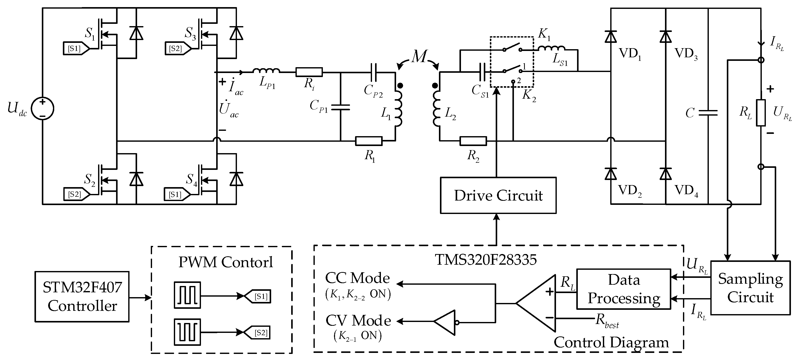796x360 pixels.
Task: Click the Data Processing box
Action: coord(624,289)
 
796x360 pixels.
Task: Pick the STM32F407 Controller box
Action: coord(82,296)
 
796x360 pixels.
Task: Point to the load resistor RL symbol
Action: coord(761,113)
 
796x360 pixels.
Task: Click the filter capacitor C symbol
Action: coord(708,113)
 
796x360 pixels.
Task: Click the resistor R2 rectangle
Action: coord(473,141)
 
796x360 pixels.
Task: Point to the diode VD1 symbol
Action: coord(610,37)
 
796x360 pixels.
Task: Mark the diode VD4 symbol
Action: coord(665,174)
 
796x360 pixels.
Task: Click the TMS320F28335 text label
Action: coord(486,260)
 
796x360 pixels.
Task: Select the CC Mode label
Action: coord(357,278)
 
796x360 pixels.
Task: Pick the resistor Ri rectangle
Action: coord(309,72)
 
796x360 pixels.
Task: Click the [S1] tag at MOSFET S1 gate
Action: coord(75,48)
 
